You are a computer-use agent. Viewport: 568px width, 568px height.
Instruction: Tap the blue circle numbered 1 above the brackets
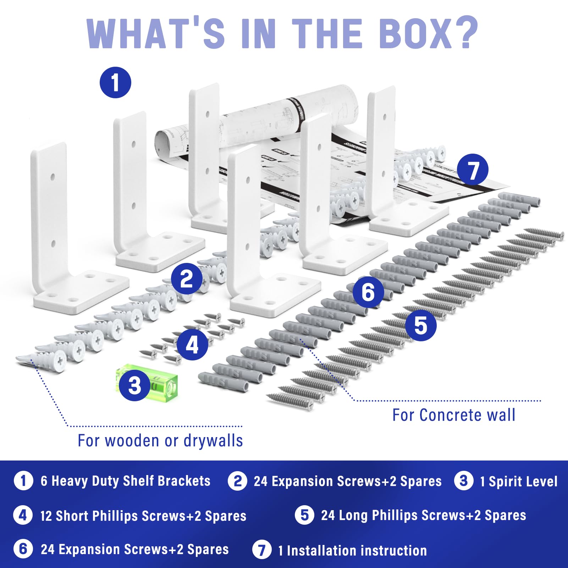pyautogui.click(x=115, y=83)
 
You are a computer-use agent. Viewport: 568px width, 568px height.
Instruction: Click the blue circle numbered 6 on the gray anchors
pyautogui.click(x=368, y=292)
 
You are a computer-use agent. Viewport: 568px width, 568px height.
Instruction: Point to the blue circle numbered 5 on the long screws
pyautogui.click(x=421, y=325)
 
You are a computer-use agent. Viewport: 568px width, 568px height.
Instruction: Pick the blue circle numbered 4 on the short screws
pyautogui.click(x=192, y=344)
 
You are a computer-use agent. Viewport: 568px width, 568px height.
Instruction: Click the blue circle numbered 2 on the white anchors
pyautogui.click(x=187, y=279)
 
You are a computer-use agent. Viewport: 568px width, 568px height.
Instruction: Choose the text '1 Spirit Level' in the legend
pyautogui.click(x=518, y=481)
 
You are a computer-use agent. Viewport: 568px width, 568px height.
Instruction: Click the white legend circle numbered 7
pyautogui.click(x=262, y=550)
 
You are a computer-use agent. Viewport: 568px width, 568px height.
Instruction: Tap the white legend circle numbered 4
pyautogui.click(x=23, y=515)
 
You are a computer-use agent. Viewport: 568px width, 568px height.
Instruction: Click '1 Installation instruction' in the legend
pyautogui.click(x=352, y=550)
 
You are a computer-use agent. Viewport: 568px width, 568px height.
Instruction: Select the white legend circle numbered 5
pyautogui.click(x=304, y=515)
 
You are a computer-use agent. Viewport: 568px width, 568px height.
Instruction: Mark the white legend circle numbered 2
pyautogui.click(x=237, y=481)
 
